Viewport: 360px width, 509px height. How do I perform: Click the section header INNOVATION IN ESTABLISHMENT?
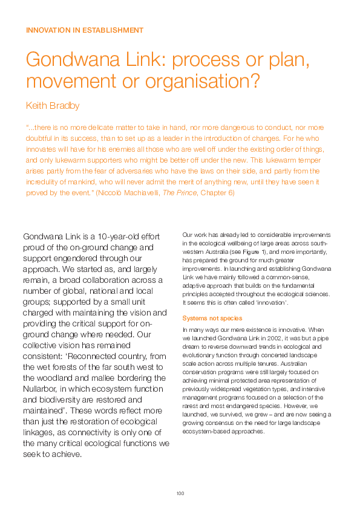pyautogui.click(x=85, y=30)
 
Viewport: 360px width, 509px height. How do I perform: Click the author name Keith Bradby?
pyautogui.click(x=53, y=106)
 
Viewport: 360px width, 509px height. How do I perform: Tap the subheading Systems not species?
pyautogui.click(x=212, y=318)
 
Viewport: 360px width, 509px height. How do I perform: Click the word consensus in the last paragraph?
pyautogui.click(x=219, y=424)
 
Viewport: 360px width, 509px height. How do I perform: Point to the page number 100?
pyautogui.click(x=180, y=494)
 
